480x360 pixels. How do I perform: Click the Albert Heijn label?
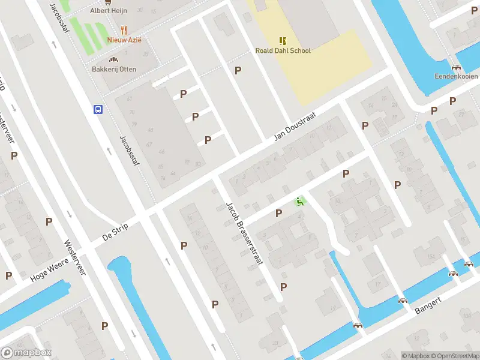pyautogui.click(x=108, y=11)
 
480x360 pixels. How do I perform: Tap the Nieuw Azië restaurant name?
pyautogui.click(x=124, y=40)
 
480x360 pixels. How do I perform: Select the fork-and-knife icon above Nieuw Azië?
pyautogui.click(x=124, y=29)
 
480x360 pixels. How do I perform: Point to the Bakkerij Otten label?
pyautogui.click(x=114, y=70)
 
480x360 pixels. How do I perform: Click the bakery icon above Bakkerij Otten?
pyautogui.click(x=113, y=59)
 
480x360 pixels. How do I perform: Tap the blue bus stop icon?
pyautogui.click(x=97, y=109)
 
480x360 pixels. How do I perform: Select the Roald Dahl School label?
pyautogui.click(x=283, y=51)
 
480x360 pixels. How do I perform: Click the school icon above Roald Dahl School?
pyautogui.click(x=283, y=41)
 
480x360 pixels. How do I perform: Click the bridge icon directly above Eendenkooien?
pyautogui.click(x=456, y=67)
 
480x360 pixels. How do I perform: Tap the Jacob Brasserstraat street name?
pyautogui.click(x=245, y=234)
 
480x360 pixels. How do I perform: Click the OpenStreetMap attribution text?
pyautogui.click(x=455, y=356)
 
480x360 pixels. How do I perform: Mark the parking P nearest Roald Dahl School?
pyautogui.click(x=238, y=70)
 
